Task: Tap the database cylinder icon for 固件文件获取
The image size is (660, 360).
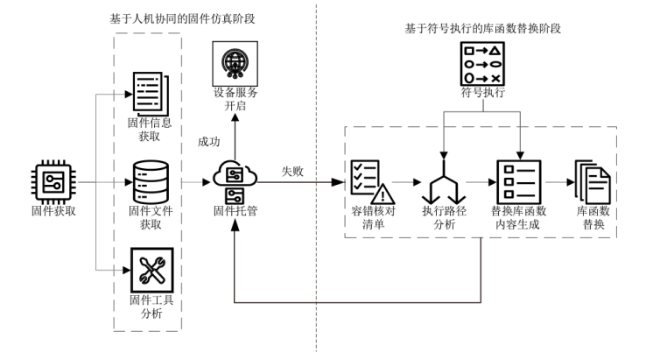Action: (147, 181)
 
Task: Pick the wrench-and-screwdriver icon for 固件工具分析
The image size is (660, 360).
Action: (147, 271)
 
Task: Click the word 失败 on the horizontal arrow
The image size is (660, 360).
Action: (289, 172)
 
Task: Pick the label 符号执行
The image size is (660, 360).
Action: (484, 90)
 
